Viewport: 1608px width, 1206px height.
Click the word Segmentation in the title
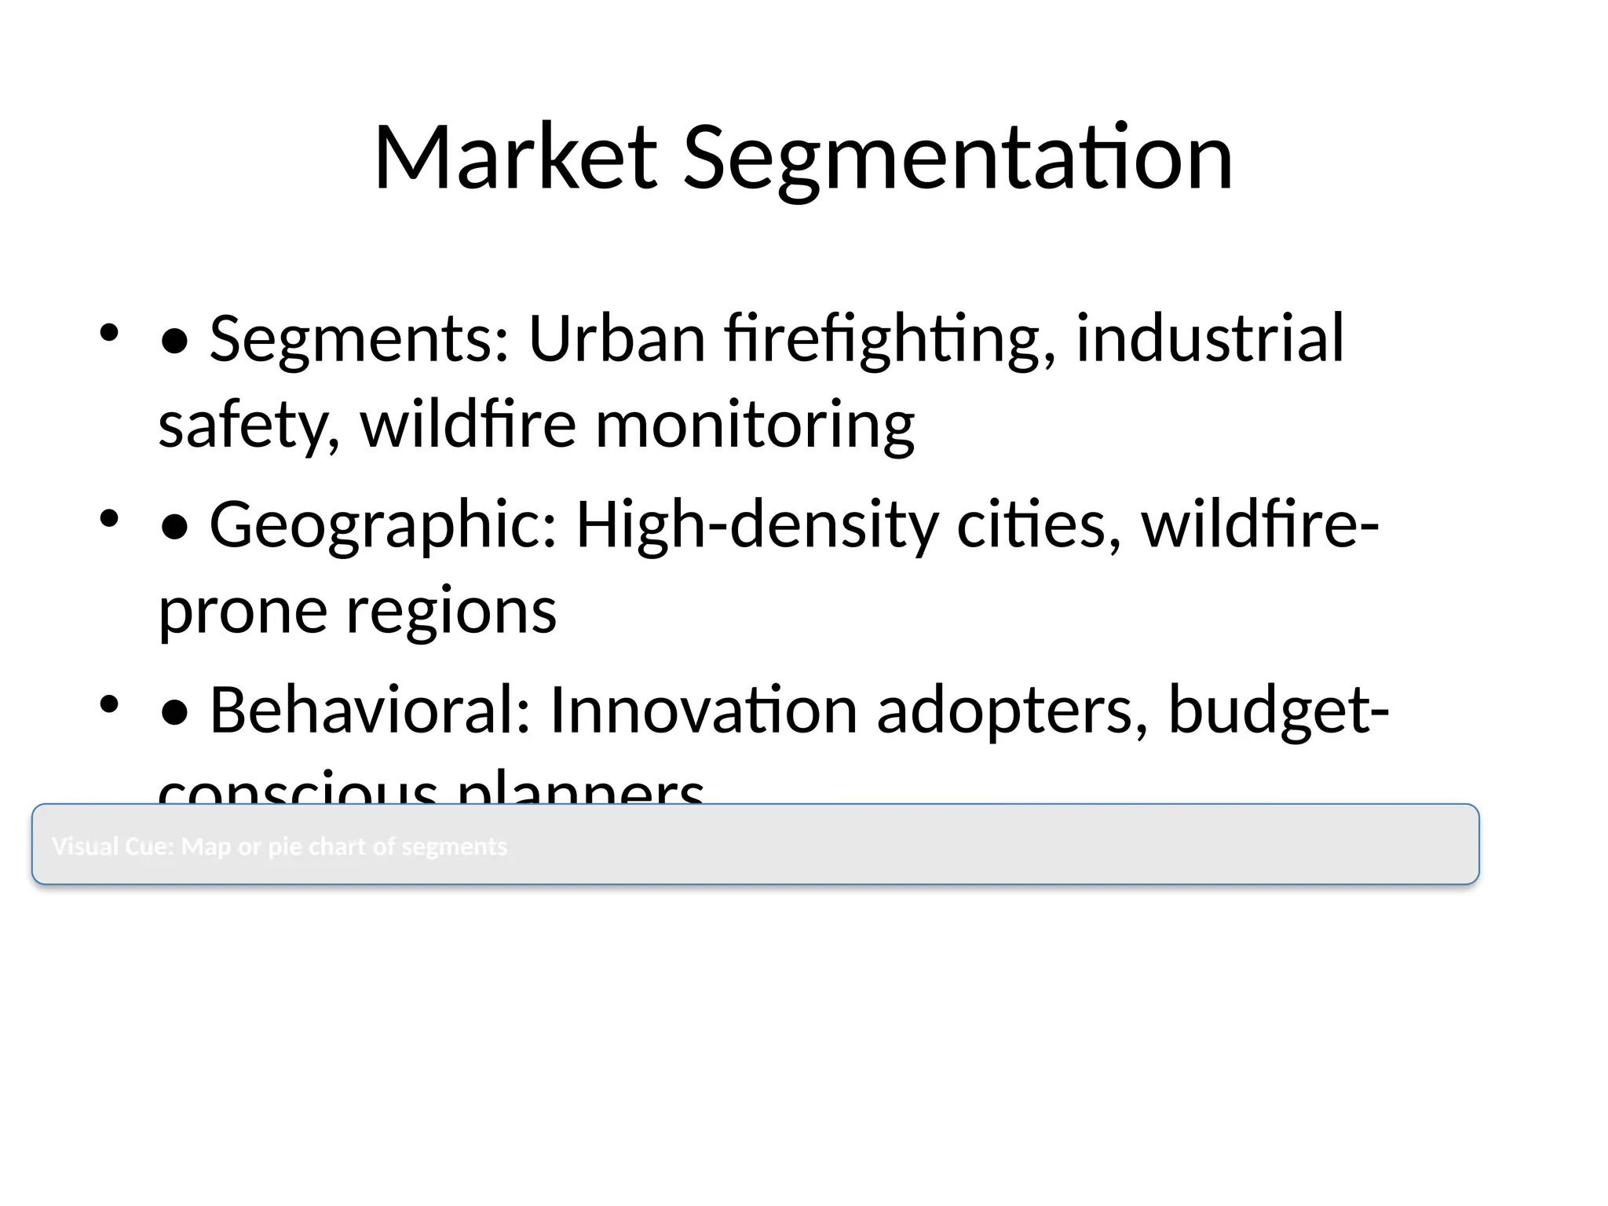tap(958, 160)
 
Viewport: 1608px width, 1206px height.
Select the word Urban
tap(617, 339)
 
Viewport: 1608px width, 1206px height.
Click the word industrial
tap(1209, 339)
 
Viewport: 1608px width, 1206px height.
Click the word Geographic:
tap(383, 525)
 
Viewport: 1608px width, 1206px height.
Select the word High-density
tap(757, 525)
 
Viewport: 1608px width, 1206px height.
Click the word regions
tap(451, 611)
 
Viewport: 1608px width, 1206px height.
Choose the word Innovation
tap(703, 711)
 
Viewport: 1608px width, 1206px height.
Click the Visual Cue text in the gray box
tap(280, 846)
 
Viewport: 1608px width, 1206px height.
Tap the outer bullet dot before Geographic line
tap(108, 518)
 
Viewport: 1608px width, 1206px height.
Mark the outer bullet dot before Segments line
tap(108, 332)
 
